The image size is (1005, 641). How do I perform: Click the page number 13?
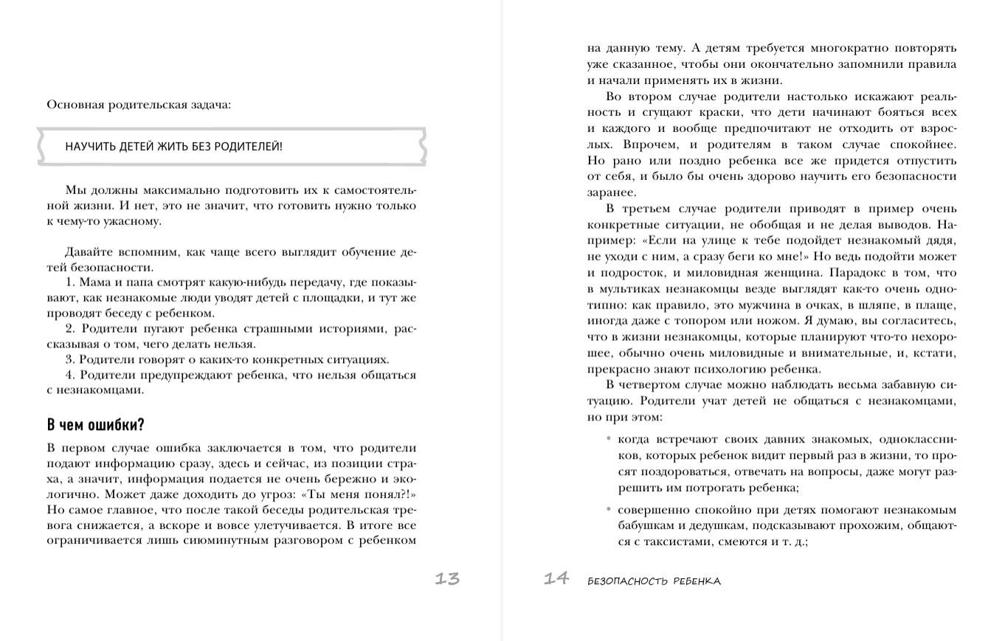click(447, 579)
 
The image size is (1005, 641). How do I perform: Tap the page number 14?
click(556, 578)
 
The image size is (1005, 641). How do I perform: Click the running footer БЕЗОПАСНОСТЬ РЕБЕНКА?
click(654, 581)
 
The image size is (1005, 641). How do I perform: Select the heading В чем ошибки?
click(95, 425)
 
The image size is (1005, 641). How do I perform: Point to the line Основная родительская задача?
click(139, 105)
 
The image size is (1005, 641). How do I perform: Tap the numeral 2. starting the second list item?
click(70, 329)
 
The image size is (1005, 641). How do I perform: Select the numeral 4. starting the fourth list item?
click(70, 375)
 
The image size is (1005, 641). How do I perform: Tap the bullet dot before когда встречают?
click(609, 439)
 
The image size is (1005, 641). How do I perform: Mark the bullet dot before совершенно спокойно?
click(609, 509)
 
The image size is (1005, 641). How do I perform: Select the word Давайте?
click(88, 252)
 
